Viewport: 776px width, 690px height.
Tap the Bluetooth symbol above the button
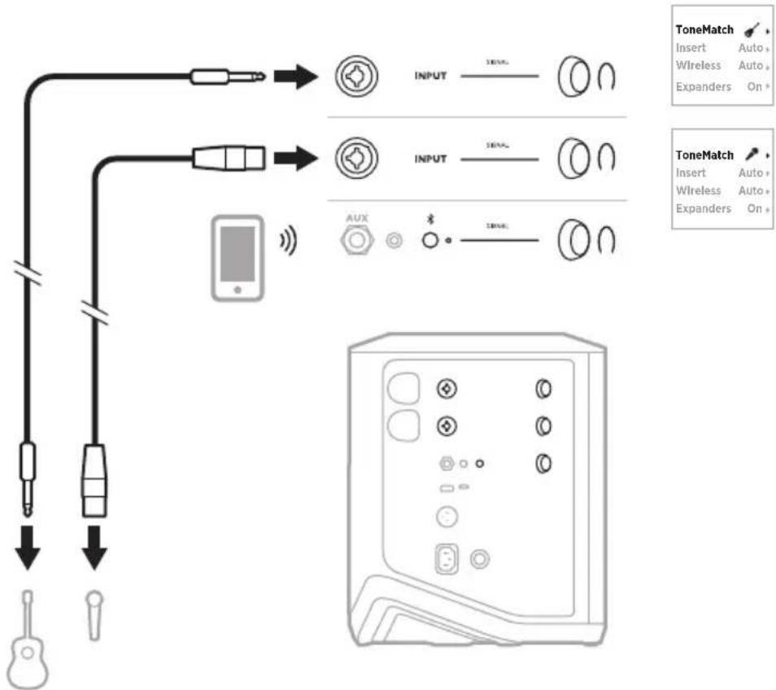click(431, 221)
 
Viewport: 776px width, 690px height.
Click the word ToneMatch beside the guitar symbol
click(704, 30)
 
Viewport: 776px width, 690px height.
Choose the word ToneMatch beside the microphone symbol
click(704, 155)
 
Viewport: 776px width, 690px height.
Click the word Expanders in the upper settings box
click(704, 86)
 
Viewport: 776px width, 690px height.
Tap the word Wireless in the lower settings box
click(698, 190)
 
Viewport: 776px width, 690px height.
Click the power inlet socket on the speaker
click(448, 558)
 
